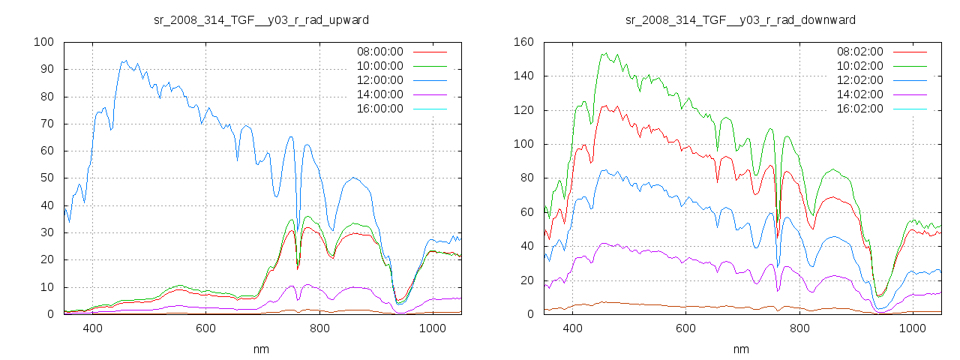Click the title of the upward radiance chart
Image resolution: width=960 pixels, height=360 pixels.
tap(261, 19)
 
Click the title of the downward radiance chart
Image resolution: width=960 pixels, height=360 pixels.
tap(740, 19)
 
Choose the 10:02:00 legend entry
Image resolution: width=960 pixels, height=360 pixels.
tap(859, 66)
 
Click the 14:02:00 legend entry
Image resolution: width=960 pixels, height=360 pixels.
tap(859, 94)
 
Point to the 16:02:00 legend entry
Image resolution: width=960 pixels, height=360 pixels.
tap(859, 109)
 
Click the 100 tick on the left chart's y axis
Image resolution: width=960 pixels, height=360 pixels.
tap(44, 42)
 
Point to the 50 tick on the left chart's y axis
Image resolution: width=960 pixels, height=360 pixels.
tap(47, 178)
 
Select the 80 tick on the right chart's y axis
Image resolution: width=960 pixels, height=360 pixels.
tap(527, 178)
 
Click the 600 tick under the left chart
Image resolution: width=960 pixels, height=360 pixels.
tap(205, 328)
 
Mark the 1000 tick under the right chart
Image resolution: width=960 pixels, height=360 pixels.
tap(912, 328)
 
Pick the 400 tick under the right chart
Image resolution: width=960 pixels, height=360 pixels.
tap(572, 328)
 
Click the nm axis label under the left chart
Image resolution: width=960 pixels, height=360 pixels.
tap(261, 349)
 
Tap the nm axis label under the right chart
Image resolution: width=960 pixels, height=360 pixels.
tap(741, 349)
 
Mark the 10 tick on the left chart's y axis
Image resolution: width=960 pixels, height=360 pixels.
tap(47, 287)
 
